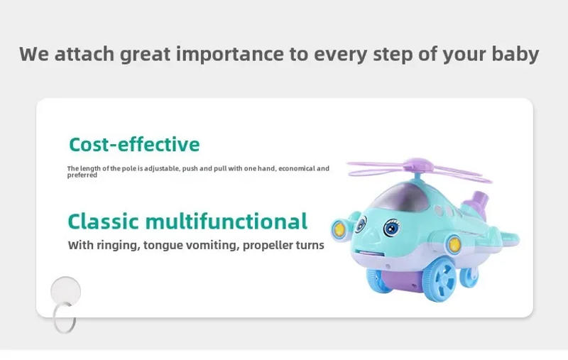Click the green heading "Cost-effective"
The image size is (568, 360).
pyautogui.click(x=134, y=145)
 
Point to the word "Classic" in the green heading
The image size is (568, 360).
pyautogui.click(x=104, y=221)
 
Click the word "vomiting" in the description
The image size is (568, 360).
pyautogui.click(x=204, y=245)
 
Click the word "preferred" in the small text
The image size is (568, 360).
pyautogui.click(x=82, y=175)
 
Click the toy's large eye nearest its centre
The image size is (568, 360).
pyautogui.click(x=390, y=229)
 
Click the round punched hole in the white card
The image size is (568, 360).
pyautogui.click(x=65, y=292)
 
